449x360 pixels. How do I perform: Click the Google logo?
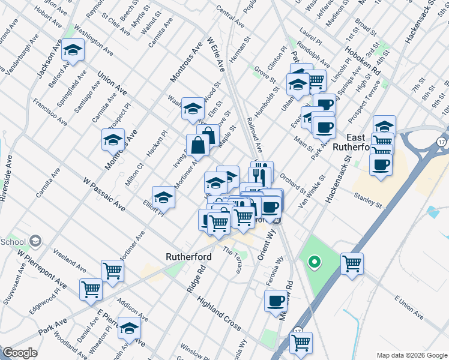20,353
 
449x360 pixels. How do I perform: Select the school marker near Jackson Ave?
73,51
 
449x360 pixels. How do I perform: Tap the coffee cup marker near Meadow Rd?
276,301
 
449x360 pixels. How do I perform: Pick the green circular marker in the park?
313,262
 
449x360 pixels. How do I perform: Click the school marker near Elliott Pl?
163,197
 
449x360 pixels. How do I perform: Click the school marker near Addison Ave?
129,328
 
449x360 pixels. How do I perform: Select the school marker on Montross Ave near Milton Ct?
113,140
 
